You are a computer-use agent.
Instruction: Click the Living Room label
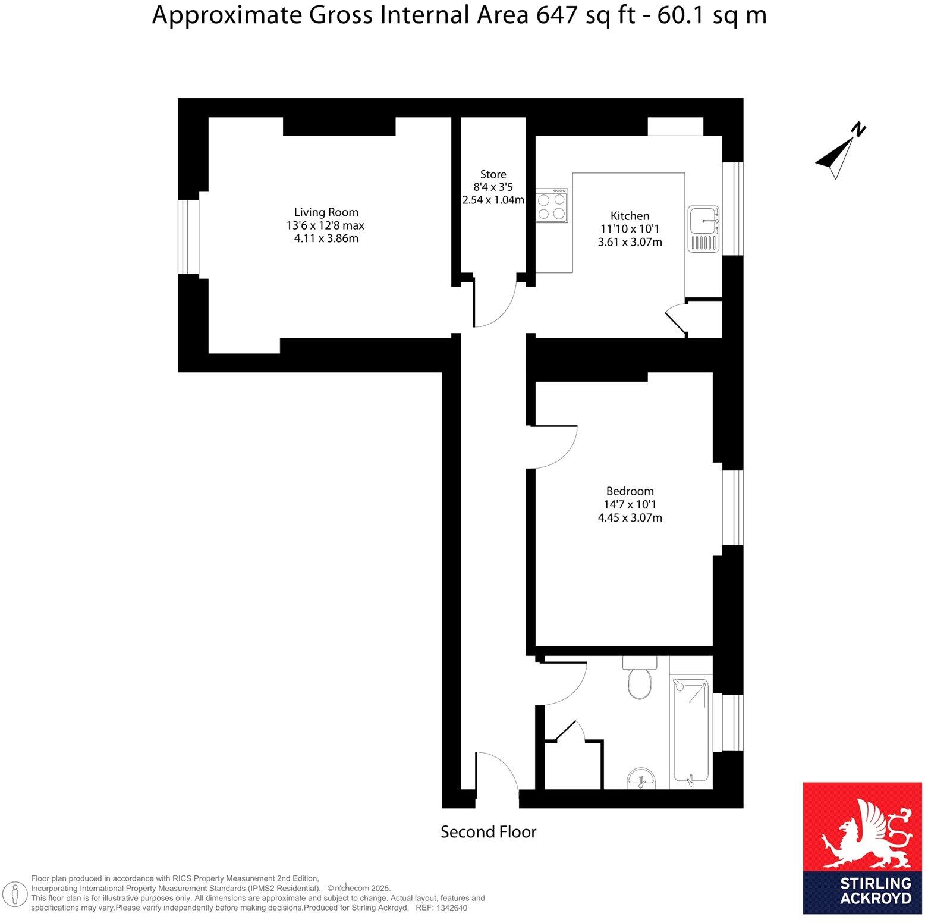click(x=326, y=212)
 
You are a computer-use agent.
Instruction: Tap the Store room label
click(x=493, y=174)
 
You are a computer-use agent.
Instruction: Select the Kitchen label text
click(x=630, y=216)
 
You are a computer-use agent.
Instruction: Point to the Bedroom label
click(x=630, y=491)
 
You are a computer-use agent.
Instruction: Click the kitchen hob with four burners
click(x=551, y=205)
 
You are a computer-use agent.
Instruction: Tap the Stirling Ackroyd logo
click(x=862, y=848)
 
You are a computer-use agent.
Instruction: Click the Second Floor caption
click(x=488, y=832)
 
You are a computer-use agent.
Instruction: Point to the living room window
click(x=188, y=237)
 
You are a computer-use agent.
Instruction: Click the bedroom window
click(x=733, y=507)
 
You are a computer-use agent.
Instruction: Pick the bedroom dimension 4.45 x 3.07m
click(x=630, y=518)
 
